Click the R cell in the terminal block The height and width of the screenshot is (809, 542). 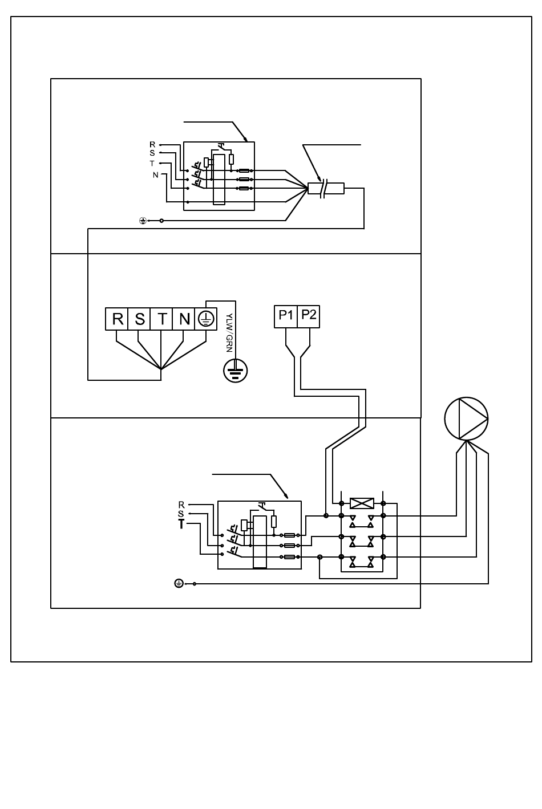pyautogui.click(x=116, y=319)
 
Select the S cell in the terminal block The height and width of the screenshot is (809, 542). pyautogui.click(x=139, y=319)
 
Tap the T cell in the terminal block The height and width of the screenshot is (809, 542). pyautogui.click(x=161, y=319)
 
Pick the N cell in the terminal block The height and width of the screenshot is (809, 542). pyautogui.click(x=184, y=319)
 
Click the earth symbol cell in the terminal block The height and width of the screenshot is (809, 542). pyautogui.click(x=206, y=319)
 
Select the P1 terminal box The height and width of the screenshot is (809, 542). pyautogui.click(x=285, y=317)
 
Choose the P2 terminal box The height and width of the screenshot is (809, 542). pyautogui.click(x=308, y=317)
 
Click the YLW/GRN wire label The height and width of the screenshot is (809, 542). pyautogui.click(x=229, y=332)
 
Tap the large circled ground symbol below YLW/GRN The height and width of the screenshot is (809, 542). pyautogui.click(x=235, y=371)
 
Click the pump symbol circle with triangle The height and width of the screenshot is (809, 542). pyautogui.click(x=466, y=418)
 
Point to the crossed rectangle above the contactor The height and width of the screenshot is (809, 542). pyautogui.click(x=362, y=503)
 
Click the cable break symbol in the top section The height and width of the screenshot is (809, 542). pyautogui.click(x=324, y=189)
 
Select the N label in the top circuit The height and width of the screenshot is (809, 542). pyautogui.click(x=156, y=175)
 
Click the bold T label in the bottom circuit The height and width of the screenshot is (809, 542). pyautogui.click(x=181, y=524)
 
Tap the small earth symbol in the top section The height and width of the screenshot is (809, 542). pyautogui.click(x=143, y=221)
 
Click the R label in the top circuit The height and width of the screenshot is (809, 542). pyautogui.click(x=152, y=145)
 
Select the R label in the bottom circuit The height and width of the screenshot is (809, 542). pyautogui.click(x=181, y=505)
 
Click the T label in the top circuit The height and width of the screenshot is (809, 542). pyautogui.click(x=152, y=164)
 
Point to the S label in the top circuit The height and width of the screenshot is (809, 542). pyautogui.click(x=152, y=153)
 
